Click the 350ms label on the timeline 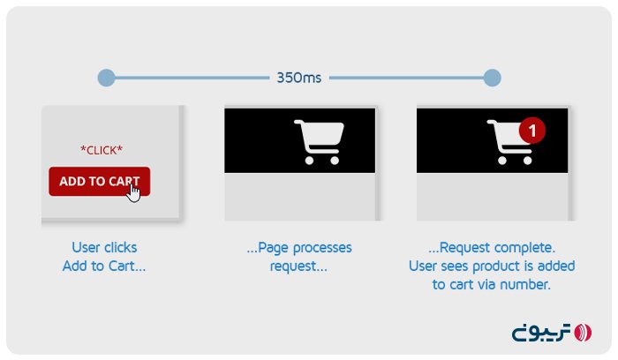[298, 78]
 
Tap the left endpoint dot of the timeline [106, 78]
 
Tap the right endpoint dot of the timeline [493, 78]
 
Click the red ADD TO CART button [99, 181]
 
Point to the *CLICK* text [102, 150]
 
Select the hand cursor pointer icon [133, 191]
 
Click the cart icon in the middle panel [318, 141]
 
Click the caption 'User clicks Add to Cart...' [104, 257]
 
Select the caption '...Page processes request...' [298, 257]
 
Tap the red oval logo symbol [583, 333]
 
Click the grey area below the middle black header [300, 196]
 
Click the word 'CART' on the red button [123, 182]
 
